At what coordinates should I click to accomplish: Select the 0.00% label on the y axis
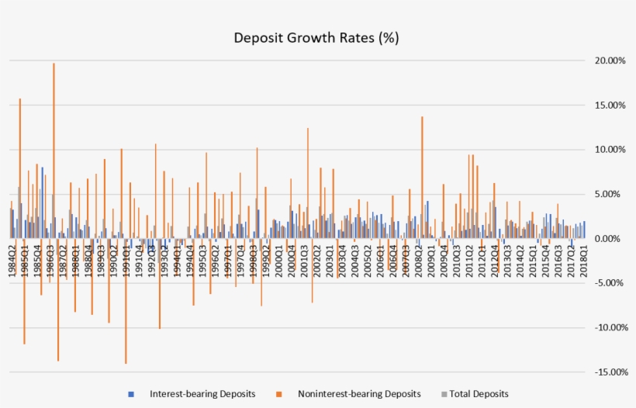pyautogui.click(x=607, y=239)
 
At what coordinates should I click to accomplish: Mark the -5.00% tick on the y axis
pyautogui.click(x=604, y=283)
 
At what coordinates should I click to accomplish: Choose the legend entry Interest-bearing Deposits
pyautogui.click(x=202, y=394)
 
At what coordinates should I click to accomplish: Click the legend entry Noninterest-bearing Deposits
pyautogui.click(x=358, y=394)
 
